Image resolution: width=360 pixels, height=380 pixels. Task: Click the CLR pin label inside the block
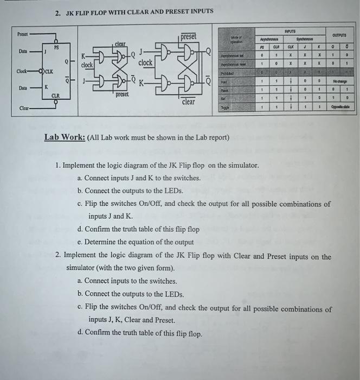pos(56,96)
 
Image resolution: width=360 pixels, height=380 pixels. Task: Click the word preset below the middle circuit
pos(123,93)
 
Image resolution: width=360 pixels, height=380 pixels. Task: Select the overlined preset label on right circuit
pos(188,37)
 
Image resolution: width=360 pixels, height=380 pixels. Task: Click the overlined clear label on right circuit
pos(188,102)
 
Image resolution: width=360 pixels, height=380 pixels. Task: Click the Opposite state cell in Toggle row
pos(342,107)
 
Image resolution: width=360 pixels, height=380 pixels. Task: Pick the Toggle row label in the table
pos(224,107)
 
